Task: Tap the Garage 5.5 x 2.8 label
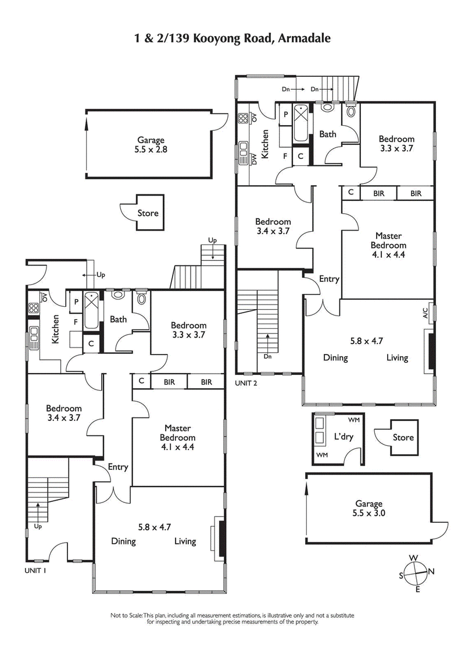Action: [151, 144]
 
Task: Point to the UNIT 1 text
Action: [35, 571]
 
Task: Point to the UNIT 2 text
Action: [246, 383]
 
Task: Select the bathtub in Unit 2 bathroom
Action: [301, 122]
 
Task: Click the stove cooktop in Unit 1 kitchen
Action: [32, 307]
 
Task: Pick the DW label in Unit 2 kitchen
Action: [254, 158]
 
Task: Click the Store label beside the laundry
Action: [403, 437]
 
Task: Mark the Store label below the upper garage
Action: [148, 213]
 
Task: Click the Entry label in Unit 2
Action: [329, 279]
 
